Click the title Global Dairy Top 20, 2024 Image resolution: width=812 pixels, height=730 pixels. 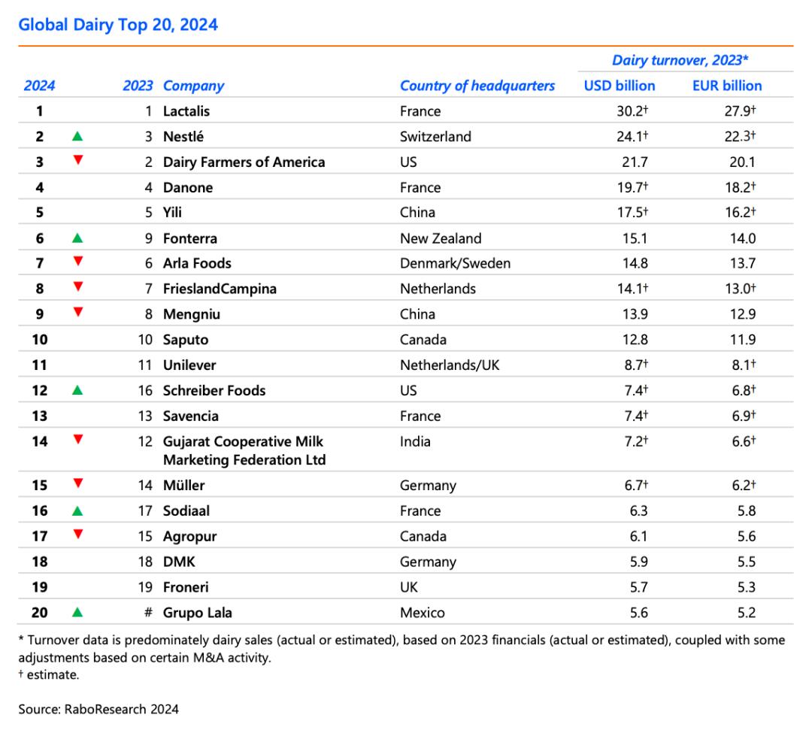[x=118, y=25]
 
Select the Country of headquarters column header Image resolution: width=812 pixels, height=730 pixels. [x=477, y=86]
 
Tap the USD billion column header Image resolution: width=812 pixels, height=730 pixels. [x=620, y=86]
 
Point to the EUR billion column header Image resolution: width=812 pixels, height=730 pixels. [x=727, y=86]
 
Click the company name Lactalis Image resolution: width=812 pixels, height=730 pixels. [x=186, y=111]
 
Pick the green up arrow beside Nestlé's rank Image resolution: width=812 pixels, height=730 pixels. [x=77, y=136]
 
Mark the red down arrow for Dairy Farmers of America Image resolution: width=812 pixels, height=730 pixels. [x=78, y=160]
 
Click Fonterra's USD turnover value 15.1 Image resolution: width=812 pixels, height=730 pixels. [x=635, y=238]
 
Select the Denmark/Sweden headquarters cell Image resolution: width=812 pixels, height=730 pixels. [x=455, y=264]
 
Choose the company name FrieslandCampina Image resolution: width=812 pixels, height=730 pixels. [x=220, y=289]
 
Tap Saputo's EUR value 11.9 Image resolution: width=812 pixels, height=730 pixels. [x=743, y=340]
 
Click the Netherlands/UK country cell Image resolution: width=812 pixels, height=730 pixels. [x=450, y=365]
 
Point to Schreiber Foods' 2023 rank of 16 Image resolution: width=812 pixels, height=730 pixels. [x=145, y=390]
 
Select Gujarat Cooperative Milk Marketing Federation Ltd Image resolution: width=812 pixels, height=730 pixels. [x=244, y=450]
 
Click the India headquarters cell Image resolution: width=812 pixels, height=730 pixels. [x=415, y=441]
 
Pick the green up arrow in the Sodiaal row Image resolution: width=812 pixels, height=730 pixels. [x=77, y=511]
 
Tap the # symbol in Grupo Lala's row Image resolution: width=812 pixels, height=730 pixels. [x=148, y=613]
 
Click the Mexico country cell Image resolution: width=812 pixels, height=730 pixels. [x=422, y=613]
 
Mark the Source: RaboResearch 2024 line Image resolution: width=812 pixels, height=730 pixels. [x=98, y=709]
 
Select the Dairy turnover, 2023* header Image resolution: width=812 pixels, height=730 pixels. [x=680, y=60]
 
